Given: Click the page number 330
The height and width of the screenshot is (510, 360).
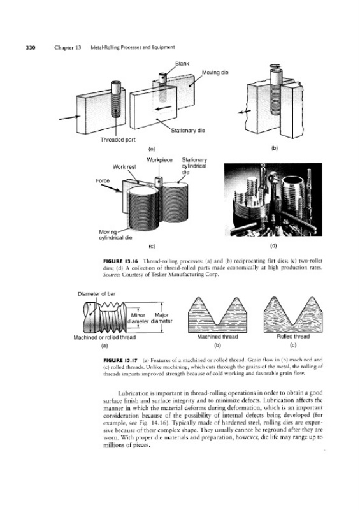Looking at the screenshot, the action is pos(30,47).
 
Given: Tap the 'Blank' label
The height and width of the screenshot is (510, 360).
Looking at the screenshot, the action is pos(182,64).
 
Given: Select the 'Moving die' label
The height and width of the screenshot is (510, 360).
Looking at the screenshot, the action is pos(215,72).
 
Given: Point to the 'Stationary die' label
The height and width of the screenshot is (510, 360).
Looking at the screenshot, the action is pos(187,131).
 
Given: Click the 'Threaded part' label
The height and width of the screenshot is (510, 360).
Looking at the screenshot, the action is pos(118,140).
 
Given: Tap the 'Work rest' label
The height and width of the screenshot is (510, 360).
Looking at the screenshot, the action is pos(124,167).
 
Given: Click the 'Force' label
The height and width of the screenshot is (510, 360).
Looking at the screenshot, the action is pos(103,180).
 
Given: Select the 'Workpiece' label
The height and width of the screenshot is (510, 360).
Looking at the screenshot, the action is pos(159,160).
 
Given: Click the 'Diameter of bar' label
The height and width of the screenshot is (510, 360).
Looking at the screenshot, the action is pos(97,294).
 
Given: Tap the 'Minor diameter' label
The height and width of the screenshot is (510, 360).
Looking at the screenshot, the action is pos(138,318).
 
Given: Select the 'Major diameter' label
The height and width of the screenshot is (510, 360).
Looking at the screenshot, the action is pos(162,318).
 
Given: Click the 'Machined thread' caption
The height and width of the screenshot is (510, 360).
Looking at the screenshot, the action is pos(217,337).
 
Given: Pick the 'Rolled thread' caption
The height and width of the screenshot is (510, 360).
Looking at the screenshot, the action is pos(293,337).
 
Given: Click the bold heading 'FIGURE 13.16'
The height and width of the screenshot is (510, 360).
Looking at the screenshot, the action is pos(121,261).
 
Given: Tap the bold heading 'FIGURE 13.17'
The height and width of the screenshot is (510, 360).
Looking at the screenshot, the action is pos(121,360).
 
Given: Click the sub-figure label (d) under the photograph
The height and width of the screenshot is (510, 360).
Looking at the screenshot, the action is pos(273,246).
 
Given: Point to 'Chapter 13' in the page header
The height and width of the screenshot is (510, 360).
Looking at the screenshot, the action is pos(68,47).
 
